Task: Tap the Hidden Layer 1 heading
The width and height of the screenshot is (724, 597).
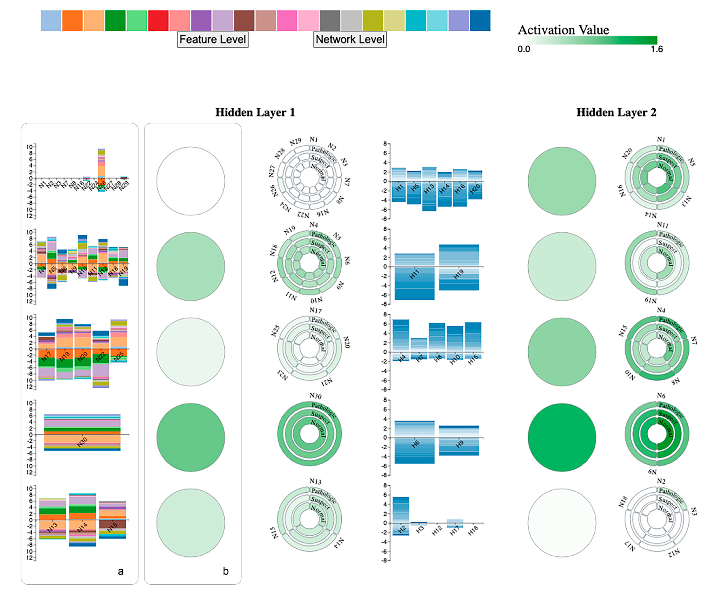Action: coord(255,112)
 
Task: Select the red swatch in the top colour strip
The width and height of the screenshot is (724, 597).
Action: coord(158,21)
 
